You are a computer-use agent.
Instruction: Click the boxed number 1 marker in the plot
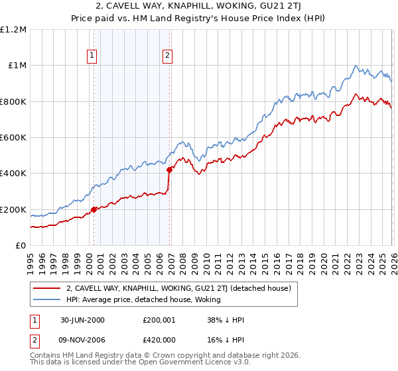pos(92,56)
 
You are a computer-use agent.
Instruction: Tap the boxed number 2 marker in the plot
pos(167,56)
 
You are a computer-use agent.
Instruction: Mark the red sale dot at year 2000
pos(94,209)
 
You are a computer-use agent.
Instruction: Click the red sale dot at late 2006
pos(170,170)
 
